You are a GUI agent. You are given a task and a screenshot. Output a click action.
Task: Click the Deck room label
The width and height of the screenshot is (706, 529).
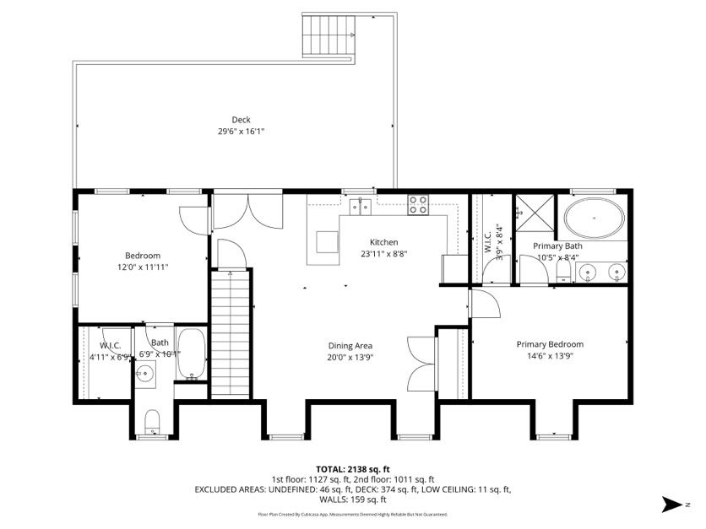(x=242, y=119)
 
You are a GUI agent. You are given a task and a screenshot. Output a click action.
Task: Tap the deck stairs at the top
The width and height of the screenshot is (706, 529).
(x=327, y=36)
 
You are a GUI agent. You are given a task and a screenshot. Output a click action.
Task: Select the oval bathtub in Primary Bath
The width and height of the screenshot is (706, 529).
(x=594, y=219)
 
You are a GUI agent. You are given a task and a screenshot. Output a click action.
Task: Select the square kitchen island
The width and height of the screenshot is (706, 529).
(x=327, y=242)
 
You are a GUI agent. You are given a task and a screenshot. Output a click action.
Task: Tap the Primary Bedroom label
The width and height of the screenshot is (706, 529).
(x=550, y=344)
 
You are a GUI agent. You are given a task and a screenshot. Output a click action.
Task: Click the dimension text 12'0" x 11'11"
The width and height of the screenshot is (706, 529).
(x=143, y=268)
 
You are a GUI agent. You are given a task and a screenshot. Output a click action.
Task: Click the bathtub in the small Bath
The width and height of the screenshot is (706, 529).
(x=192, y=354)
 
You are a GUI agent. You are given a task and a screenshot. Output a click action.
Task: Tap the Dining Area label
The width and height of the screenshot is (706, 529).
(x=350, y=345)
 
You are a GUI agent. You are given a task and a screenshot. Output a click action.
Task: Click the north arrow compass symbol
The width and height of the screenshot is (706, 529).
(x=673, y=505)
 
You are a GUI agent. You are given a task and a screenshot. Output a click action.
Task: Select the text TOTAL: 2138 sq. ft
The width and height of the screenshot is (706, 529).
(x=352, y=468)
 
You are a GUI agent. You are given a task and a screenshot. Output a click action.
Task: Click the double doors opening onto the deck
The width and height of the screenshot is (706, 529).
(x=246, y=210)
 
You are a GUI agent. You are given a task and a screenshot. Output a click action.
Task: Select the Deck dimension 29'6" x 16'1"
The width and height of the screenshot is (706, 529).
(x=242, y=132)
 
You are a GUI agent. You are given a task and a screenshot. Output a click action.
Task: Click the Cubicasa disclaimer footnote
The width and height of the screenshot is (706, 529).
(x=352, y=514)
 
